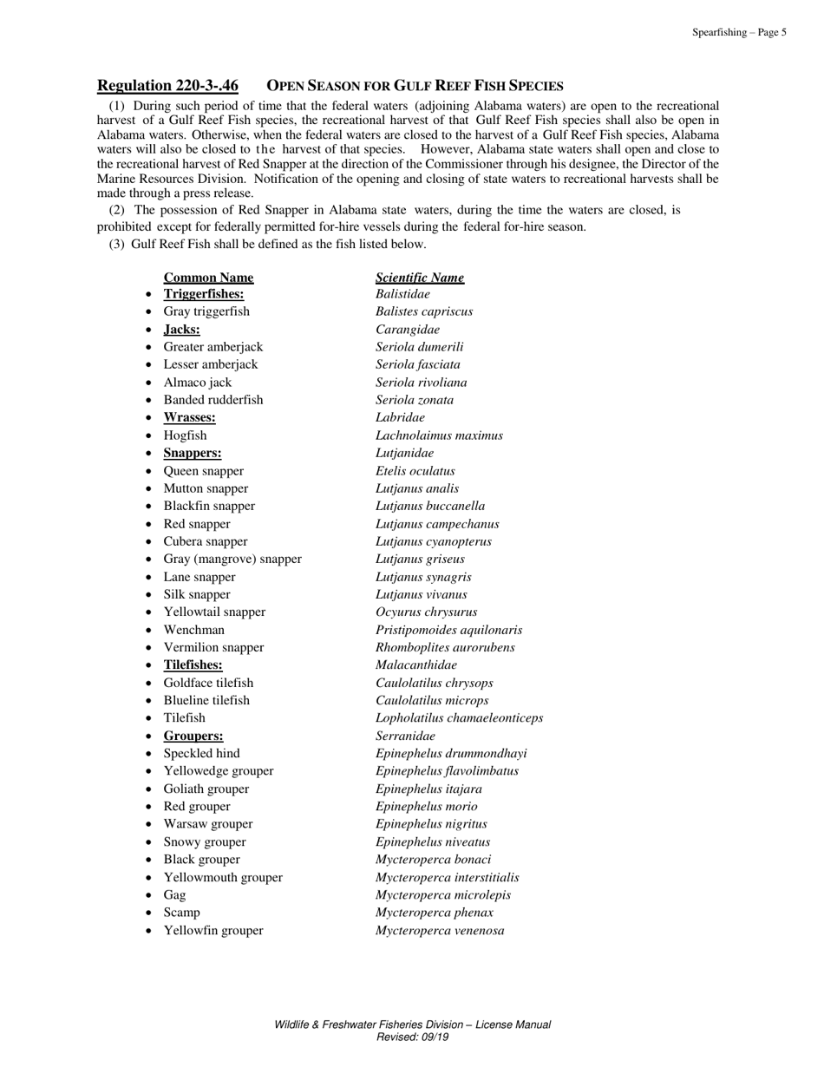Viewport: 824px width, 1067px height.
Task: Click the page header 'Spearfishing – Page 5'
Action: (x=739, y=33)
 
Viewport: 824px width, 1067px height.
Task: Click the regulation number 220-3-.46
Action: (x=167, y=86)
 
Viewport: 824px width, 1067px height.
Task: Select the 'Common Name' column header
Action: (x=208, y=278)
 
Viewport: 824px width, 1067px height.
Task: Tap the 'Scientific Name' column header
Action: (x=420, y=278)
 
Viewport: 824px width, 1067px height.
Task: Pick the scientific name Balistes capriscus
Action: (x=424, y=312)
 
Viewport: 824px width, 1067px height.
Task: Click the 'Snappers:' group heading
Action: (x=192, y=454)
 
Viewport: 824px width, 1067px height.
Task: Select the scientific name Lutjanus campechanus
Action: (x=437, y=525)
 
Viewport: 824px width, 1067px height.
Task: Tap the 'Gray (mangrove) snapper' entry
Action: (x=232, y=560)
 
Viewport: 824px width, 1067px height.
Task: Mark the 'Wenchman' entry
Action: (x=193, y=631)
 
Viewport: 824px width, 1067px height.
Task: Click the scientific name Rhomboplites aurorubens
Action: (x=445, y=648)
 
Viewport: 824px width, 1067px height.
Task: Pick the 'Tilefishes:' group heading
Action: (x=193, y=665)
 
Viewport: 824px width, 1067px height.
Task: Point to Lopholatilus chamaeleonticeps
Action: (x=459, y=718)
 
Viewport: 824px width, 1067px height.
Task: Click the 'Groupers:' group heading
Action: (x=193, y=736)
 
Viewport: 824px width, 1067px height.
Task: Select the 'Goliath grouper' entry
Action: (x=206, y=789)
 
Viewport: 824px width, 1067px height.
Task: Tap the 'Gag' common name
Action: (x=174, y=895)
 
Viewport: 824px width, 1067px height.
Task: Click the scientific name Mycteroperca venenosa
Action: (x=440, y=931)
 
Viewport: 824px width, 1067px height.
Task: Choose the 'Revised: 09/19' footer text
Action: (x=412, y=1037)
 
